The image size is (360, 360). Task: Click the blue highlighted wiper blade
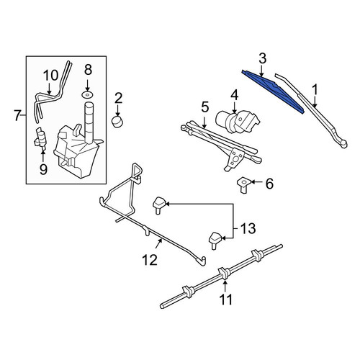(273, 91)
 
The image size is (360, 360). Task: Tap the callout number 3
(262, 59)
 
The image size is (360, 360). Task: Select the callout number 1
(315, 90)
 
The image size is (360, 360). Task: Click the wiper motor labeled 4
(238, 121)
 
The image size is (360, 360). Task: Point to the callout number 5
(205, 107)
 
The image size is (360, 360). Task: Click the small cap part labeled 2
(117, 122)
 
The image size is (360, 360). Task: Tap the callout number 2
(118, 99)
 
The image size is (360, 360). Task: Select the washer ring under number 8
(88, 94)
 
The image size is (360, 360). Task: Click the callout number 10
(50, 76)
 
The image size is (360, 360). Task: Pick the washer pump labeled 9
(40, 139)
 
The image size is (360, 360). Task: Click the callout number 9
(43, 169)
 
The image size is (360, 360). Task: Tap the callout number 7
(17, 116)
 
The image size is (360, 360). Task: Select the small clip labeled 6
(244, 186)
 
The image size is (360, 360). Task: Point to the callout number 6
(269, 184)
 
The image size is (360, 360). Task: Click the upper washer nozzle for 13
(159, 204)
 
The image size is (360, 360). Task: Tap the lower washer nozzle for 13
(215, 240)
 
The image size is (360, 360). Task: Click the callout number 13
(248, 228)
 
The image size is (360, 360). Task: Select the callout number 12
(150, 260)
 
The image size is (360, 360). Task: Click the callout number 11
(225, 300)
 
